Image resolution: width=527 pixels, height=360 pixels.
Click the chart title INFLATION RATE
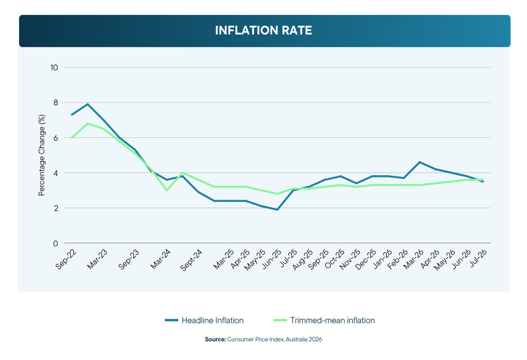(x=263, y=30)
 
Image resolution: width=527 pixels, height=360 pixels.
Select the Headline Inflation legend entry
(x=204, y=320)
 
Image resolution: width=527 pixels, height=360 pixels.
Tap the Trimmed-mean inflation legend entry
(x=324, y=320)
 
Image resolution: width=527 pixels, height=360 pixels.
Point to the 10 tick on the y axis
(x=54, y=67)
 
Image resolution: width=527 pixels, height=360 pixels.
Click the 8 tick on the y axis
(x=56, y=102)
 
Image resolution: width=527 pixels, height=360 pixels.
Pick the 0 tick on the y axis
(x=56, y=243)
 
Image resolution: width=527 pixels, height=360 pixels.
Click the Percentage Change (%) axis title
(x=42, y=155)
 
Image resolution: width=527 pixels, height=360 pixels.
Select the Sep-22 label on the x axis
(x=66, y=259)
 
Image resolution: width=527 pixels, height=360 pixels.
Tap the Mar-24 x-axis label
(x=161, y=259)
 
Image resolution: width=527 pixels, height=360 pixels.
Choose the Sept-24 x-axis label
(x=191, y=260)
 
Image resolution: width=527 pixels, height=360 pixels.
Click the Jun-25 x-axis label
(x=272, y=259)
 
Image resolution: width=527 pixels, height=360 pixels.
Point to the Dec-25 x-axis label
(x=365, y=259)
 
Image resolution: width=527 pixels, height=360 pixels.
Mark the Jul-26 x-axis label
(x=478, y=258)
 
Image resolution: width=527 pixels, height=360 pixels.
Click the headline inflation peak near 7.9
(x=87, y=104)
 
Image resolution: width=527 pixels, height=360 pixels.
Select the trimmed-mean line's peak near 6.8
(x=87, y=123)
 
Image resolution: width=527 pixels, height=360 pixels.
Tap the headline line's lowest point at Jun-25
(x=277, y=209)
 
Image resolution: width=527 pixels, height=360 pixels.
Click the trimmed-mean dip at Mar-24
(x=167, y=190)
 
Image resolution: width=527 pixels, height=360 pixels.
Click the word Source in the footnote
(x=216, y=339)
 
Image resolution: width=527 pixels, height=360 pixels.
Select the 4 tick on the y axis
(x=56, y=173)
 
